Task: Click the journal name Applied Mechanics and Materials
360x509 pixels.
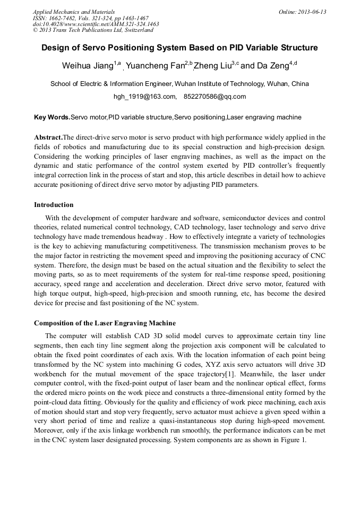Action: pyautogui.click(x=74, y=12)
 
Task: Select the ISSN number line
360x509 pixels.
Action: pyautogui.click(x=90, y=18)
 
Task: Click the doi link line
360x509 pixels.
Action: pyautogui.click(x=96, y=24)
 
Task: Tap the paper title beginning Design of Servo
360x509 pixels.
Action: pyautogui.click(x=179, y=48)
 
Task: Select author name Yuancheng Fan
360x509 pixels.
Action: pyautogui.click(x=155, y=66)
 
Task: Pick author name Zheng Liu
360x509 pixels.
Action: pyautogui.click(x=212, y=66)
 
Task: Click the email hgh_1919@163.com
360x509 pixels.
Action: pyautogui.click(x=145, y=97)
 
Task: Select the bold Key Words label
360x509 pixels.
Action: pyautogui.click(x=52, y=117)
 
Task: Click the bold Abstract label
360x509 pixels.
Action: pyautogui.click(x=48, y=137)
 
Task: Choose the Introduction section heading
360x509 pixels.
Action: pyautogui.click(x=54, y=205)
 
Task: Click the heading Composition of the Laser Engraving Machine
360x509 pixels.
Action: pyautogui.click(x=105, y=323)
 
